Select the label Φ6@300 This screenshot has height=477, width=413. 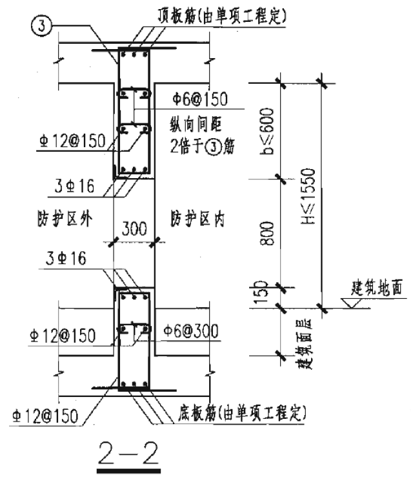[x=191, y=331]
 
